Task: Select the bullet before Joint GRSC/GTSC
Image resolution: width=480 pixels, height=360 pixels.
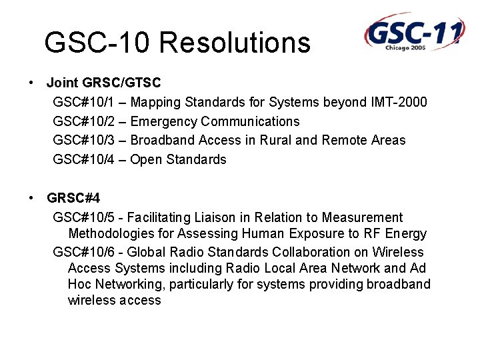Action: pyautogui.click(x=31, y=83)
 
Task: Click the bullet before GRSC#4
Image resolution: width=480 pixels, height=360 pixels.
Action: pyautogui.click(x=31, y=199)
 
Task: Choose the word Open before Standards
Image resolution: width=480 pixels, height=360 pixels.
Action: pyautogui.click(x=146, y=160)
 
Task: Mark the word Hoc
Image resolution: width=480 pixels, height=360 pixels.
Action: pyautogui.click(x=79, y=285)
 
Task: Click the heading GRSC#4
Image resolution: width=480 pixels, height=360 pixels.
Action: pyautogui.click(x=73, y=199)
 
